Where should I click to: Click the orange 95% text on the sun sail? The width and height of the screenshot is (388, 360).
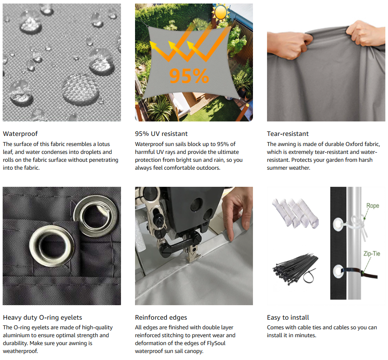point(189,76)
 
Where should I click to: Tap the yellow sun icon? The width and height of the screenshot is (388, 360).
point(221,12)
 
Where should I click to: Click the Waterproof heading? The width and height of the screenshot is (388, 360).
point(20,134)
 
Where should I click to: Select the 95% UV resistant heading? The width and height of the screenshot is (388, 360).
point(161,134)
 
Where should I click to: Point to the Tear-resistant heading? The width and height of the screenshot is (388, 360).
point(288,134)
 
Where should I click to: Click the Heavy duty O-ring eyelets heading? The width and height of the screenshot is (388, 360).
point(43,317)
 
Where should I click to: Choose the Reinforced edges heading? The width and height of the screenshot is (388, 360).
point(161,317)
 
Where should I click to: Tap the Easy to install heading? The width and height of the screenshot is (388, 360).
point(288,317)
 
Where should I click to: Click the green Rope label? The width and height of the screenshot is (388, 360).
point(373,206)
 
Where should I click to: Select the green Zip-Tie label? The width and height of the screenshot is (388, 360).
point(372,253)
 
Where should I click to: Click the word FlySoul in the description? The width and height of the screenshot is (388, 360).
point(216,343)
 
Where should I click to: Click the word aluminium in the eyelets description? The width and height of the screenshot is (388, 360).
point(16,335)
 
